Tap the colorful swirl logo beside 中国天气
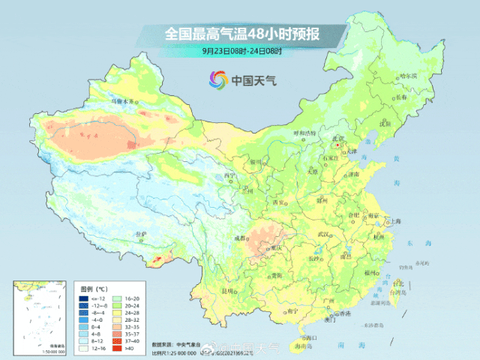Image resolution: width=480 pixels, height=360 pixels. [x=217, y=79]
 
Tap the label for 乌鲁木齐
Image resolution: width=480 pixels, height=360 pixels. [x=124, y=100]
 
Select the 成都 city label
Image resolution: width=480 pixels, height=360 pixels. [x=238, y=238]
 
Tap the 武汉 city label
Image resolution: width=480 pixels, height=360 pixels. [x=323, y=235]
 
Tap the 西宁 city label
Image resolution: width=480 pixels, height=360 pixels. [x=229, y=176]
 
